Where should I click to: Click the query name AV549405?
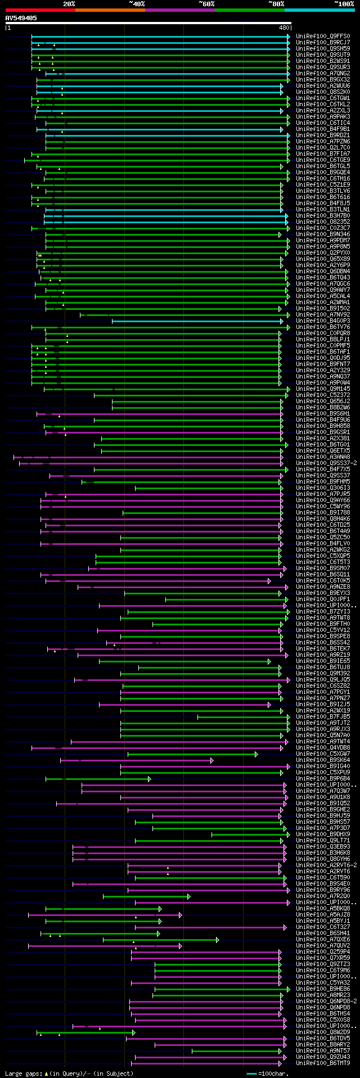21,18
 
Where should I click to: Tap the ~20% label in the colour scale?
69,3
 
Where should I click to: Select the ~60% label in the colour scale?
206,3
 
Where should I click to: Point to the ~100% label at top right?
344,3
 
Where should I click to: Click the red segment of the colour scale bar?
40,10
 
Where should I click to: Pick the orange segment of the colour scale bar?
110,10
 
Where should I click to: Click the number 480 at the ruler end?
285,27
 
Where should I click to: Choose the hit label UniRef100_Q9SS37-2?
327,463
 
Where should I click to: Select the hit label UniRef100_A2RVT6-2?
327,865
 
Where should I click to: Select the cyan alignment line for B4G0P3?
197,321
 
